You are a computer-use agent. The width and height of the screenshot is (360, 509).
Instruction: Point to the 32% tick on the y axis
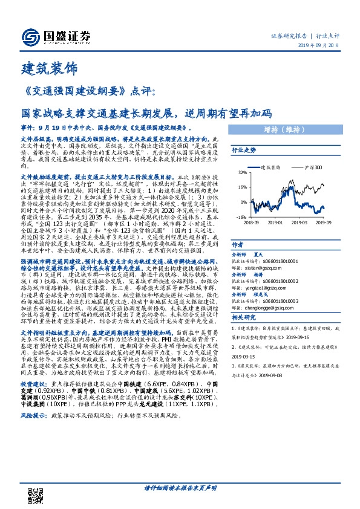(x=241, y=172)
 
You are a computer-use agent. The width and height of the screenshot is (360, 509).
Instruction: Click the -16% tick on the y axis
(x=240, y=216)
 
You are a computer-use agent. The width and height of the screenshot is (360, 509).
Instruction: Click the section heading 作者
(x=237, y=245)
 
